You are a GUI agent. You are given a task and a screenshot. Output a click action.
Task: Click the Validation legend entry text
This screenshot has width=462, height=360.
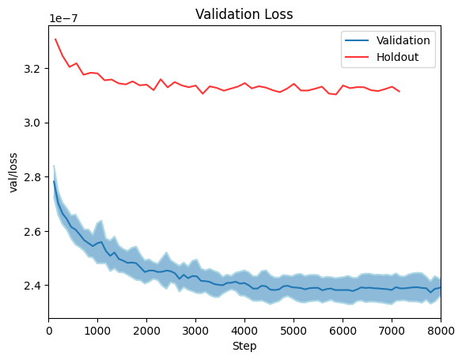(x=403, y=40)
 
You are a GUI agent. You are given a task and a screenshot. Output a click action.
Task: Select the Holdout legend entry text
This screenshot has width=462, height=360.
(x=396, y=57)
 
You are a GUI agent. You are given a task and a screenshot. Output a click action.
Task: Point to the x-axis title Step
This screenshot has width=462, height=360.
(x=244, y=346)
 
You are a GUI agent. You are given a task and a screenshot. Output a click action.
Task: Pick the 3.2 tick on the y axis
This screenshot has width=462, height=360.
(x=33, y=69)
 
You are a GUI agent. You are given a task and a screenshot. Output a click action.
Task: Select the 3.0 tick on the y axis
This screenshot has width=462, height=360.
(x=33, y=123)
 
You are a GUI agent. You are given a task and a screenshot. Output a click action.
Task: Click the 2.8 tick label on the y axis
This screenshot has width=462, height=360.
(x=33, y=177)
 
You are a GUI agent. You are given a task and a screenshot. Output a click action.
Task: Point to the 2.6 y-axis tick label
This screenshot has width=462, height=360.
(x=33, y=231)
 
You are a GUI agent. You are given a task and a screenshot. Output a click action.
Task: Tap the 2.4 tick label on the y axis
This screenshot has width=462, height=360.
(x=33, y=286)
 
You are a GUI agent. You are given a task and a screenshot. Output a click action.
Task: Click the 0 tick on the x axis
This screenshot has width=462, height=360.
(x=49, y=331)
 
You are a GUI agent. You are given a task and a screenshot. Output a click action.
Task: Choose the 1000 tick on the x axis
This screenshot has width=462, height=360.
(x=98, y=331)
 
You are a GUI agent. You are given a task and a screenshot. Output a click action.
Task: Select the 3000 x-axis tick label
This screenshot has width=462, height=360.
(x=196, y=331)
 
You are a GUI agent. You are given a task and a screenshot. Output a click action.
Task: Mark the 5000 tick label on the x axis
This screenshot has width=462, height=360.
(x=293, y=331)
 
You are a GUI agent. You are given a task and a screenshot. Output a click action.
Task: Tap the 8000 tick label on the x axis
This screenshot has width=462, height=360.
(x=440, y=331)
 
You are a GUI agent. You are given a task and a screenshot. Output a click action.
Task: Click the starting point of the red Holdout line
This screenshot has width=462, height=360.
(x=55, y=39)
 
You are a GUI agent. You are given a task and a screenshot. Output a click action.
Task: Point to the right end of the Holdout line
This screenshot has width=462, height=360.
(x=399, y=92)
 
